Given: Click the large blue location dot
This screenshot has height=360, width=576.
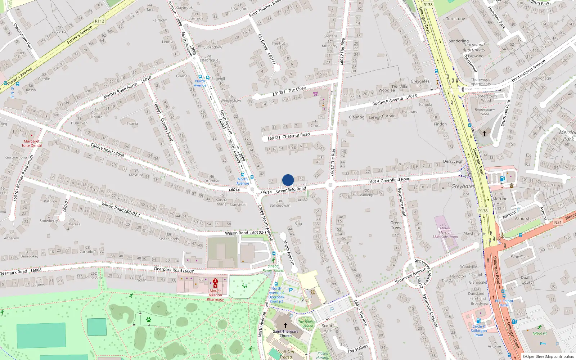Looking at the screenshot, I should tap(288, 180).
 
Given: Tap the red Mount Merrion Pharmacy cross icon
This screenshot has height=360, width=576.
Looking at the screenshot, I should tap(215, 283).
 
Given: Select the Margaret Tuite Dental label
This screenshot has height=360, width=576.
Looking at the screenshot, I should tap(31, 143).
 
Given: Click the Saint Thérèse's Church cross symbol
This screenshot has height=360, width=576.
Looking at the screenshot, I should tap(285, 325).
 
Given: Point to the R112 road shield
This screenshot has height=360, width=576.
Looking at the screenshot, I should tap(100, 21).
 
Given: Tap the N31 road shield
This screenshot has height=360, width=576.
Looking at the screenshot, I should tap(558, 222).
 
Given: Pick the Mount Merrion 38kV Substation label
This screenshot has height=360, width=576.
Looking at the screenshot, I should tap(445, 232).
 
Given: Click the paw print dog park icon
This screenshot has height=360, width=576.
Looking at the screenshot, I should tap(148, 319).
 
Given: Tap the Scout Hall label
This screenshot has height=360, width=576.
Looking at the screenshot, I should tap(327, 328).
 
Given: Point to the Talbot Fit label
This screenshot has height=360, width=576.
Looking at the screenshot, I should tap(539, 333).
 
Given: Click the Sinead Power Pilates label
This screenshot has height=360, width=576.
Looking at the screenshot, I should tap(273, 268).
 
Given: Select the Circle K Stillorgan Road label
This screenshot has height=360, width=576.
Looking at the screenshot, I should tap(478, 330).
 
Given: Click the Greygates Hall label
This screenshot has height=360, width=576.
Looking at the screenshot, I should tap(420, 84).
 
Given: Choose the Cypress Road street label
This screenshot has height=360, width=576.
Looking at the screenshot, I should tap(167, 129).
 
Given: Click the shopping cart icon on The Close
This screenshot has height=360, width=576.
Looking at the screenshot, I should tap(316, 94).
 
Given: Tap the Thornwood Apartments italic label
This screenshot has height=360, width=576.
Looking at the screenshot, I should tap(474, 48).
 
